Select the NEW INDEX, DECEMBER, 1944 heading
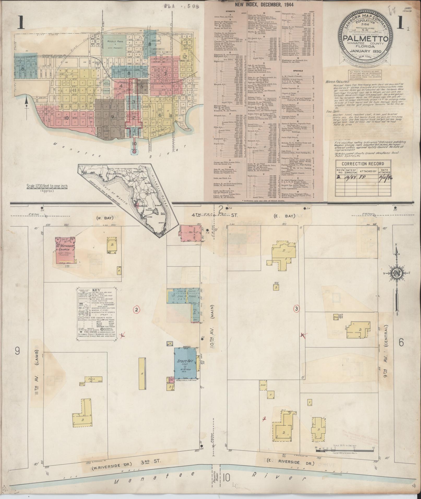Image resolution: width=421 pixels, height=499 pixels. click(264, 5)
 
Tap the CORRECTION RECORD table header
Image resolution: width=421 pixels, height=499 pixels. click(363, 164)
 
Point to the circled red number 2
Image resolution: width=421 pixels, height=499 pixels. click(137, 310)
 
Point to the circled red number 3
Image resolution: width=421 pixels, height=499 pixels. click(296, 309)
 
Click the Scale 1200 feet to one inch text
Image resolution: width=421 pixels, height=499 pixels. click(46, 186)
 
